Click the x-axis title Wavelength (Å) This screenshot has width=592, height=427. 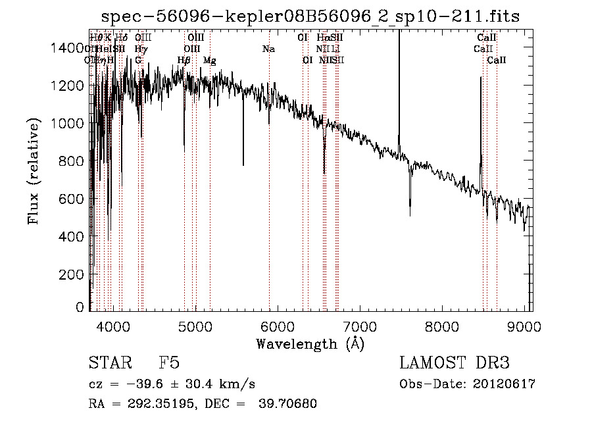point(310,343)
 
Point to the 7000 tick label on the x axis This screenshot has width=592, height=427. point(359,326)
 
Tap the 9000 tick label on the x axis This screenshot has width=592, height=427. point(524,326)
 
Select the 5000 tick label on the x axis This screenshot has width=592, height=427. point(195,326)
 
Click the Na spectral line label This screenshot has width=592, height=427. point(268,49)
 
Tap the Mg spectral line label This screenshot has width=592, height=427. point(209,60)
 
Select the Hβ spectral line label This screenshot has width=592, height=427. point(184,60)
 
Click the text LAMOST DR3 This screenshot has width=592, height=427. point(455,363)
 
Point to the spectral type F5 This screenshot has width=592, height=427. point(169,363)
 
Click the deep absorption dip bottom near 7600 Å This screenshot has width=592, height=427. point(410,214)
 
